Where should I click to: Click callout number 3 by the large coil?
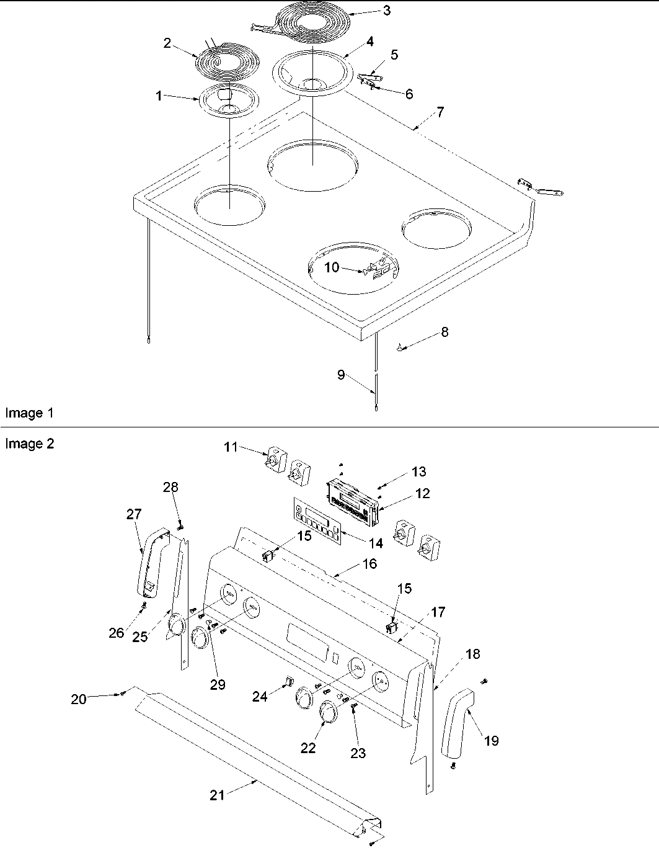(386, 11)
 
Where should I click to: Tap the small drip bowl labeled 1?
(228, 101)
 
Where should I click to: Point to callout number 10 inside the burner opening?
(332, 267)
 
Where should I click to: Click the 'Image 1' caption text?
(24, 413)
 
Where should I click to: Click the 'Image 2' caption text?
(29, 444)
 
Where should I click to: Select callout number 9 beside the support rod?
(341, 375)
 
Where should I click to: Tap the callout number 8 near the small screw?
(444, 332)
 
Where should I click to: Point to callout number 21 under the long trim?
(217, 795)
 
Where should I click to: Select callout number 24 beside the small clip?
(260, 697)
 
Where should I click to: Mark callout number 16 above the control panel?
(369, 564)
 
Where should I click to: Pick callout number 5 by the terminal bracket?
(394, 55)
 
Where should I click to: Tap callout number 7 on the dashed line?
(440, 112)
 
